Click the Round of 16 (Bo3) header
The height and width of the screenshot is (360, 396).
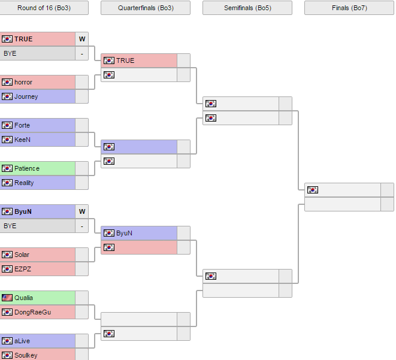click(44, 8)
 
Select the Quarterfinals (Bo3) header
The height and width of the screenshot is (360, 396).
click(146, 8)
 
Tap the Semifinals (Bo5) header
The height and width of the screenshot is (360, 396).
click(247, 8)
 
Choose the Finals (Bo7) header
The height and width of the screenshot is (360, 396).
click(349, 8)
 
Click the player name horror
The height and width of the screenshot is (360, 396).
click(23, 82)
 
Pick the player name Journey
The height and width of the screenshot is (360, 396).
click(26, 96)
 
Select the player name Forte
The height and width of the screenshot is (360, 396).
click(22, 125)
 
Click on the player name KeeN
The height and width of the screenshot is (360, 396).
click(22, 140)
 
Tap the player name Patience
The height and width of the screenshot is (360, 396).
click(27, 168)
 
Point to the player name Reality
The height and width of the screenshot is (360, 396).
click(24, 183)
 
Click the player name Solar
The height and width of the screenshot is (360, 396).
click(22, 255)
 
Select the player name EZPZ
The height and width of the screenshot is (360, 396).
click(23, 269)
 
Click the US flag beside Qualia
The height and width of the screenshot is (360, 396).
click(7, 298)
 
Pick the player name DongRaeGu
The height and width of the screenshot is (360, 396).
click(32, 312)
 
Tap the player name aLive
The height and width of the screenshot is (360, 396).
click(22, 341)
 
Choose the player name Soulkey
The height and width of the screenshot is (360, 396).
click(26, 355)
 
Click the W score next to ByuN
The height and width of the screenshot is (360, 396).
click(82, 211)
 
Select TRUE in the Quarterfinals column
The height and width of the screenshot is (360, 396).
click(125, 60)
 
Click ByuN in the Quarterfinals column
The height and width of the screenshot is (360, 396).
click(124, 233)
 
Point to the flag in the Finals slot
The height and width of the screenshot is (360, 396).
click(313, 190)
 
